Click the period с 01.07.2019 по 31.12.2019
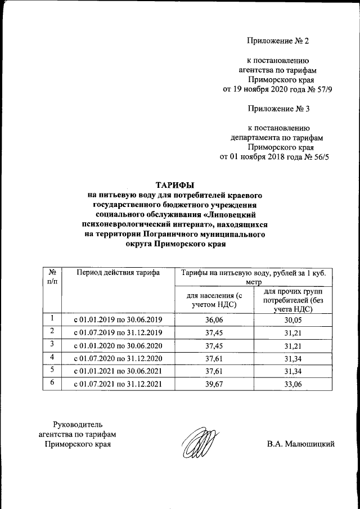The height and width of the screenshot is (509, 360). [x=118, y=333]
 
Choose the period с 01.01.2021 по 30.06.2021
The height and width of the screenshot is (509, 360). [x=118, y=371]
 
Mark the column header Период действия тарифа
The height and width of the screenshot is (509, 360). [x=118, y=273]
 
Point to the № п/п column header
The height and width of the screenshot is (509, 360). [x=52, y=277]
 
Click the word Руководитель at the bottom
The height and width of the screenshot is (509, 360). [x=78, y=424]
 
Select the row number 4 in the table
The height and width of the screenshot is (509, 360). [x=52, y=358]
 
